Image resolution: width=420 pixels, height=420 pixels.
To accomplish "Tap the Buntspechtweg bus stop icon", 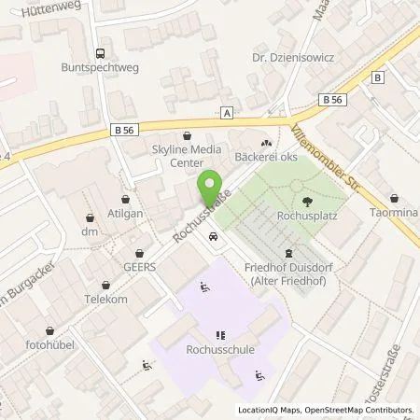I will coord(101,54).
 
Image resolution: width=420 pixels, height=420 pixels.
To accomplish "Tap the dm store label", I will coord(91,231).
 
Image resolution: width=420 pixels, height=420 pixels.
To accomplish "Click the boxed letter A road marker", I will coord(227,112).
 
